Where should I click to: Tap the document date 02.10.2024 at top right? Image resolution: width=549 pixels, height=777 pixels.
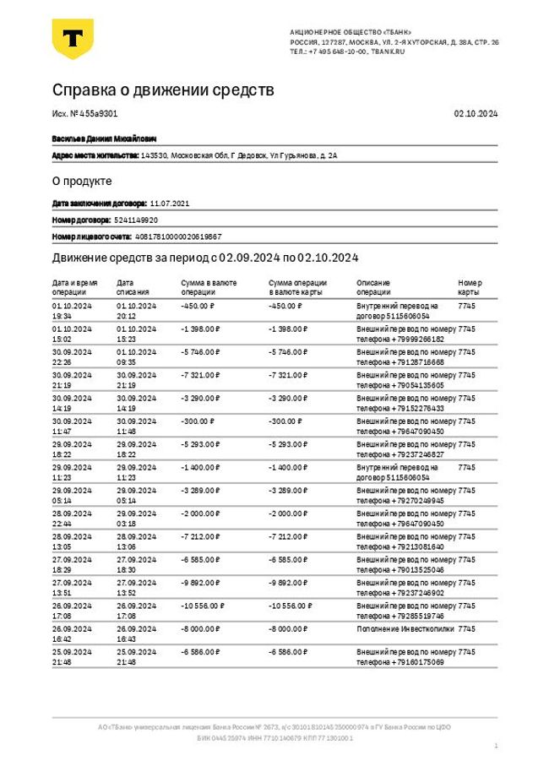(476, 113)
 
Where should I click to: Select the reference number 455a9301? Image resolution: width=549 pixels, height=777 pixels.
(100, 113)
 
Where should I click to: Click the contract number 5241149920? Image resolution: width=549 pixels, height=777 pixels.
(136, 220)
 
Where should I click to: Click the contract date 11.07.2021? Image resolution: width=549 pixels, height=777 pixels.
(170, 204)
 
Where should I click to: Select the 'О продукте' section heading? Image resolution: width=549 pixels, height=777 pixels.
(82, 181)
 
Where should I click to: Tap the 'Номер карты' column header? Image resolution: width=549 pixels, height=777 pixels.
(470, 286)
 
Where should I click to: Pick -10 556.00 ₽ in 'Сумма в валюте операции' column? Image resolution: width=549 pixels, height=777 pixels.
(204, 606)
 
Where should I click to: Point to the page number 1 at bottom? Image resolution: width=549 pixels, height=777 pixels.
(496, 746)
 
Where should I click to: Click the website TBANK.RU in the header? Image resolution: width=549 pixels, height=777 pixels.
(389, 52)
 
